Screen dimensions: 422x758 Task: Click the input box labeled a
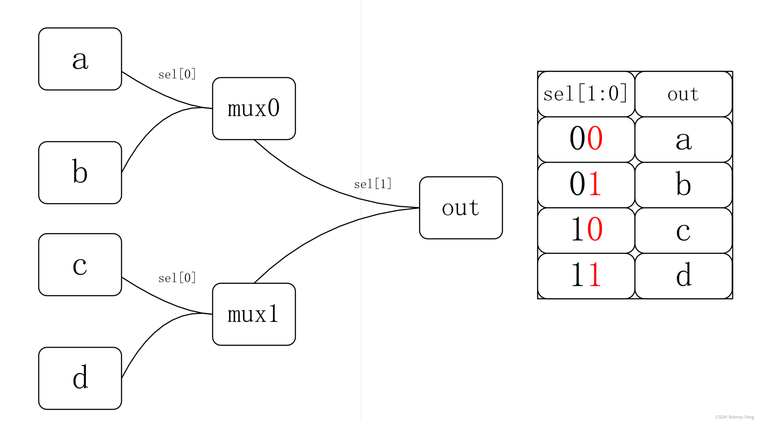(80, 59)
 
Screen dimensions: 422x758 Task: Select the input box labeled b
(80, 173)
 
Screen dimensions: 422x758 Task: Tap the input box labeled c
(80, 264)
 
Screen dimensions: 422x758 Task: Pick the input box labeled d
(80, 378)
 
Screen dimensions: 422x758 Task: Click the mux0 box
(254, 109)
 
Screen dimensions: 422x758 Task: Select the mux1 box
(254, 314)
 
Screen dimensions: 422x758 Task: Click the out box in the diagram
(461, 208)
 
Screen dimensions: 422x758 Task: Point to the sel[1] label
(372, 184)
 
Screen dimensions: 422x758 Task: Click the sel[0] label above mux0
(177, 74)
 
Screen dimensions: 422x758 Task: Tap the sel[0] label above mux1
(177, 278)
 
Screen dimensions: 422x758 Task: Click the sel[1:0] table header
(586, 94)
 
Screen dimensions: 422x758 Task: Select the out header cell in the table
(683, 94)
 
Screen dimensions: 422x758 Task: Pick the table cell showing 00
(586, 139)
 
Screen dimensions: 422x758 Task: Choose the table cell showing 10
(586, 230)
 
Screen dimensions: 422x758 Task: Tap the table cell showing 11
(586, 276)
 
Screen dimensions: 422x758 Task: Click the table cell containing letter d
(683, 276)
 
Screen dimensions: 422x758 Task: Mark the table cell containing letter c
(683, 230)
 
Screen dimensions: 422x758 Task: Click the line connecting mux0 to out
(321, 184)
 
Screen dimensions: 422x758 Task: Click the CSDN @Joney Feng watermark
(734, 417)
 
